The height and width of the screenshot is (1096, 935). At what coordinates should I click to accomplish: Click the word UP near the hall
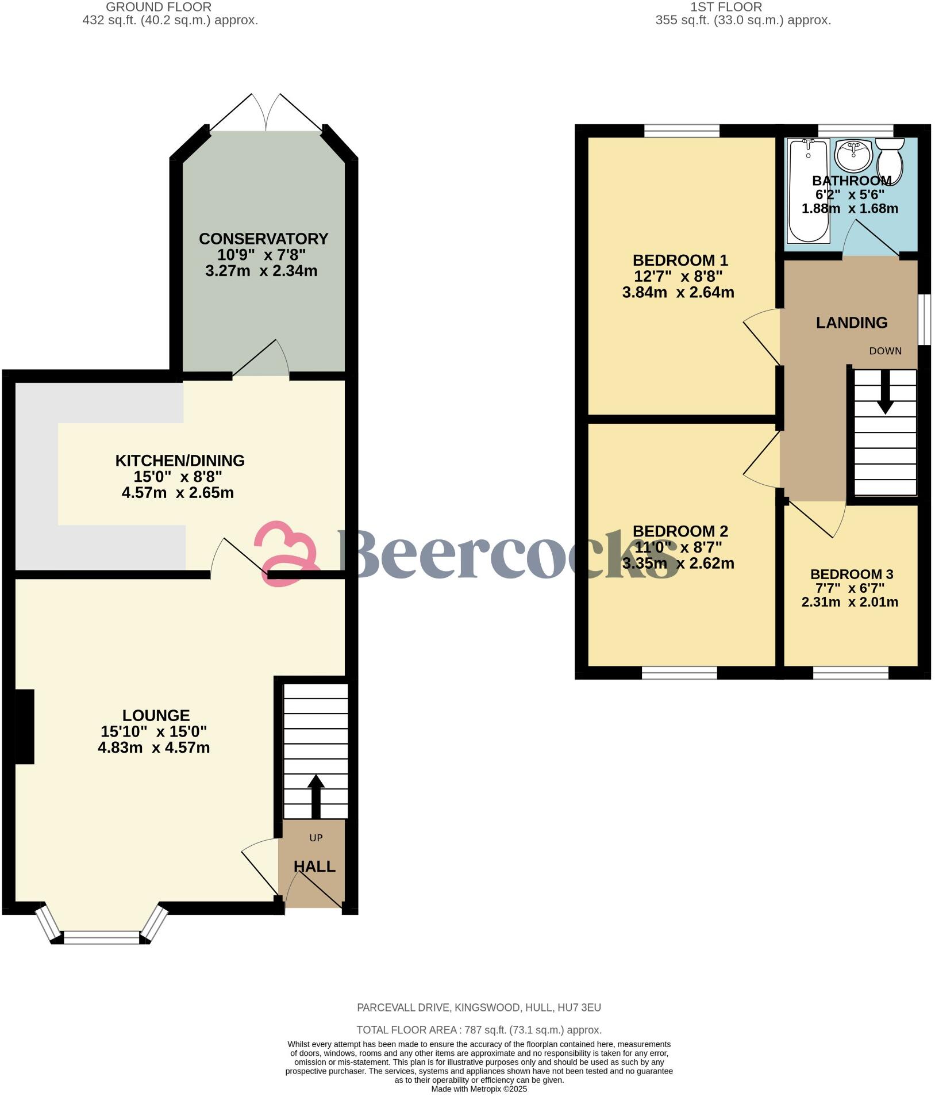pyautogui.click(x=316, y=838)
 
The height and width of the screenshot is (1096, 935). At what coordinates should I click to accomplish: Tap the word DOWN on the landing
pyautogui.click(x=885, y=351)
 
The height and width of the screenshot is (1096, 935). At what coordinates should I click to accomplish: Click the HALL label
pyautogui.click(x=314, y=867)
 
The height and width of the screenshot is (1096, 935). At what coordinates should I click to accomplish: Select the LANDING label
pyautogui.click(x=852, y=323)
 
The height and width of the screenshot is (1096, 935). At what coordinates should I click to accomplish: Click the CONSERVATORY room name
pyautogui.click(x=264, y=239)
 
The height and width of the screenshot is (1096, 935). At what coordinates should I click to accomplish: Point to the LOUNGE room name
pyautogui.click(x=156, y=715)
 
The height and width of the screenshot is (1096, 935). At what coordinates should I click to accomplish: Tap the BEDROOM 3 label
pyautogui.click(x=852, y=574)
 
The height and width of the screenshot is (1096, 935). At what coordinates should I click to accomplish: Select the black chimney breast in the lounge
pyautogui.click(x=24, y=726)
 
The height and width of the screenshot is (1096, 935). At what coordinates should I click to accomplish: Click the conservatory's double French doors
pyautogui.click(x=266, y=112)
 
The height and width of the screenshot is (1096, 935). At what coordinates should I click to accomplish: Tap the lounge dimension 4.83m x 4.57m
pyautogui.click(x=153, y=748)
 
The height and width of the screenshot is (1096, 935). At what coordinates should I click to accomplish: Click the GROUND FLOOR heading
pyautogui.click(x=159, y=7)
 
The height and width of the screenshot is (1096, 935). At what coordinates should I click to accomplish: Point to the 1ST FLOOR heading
pyautogui.click(x=726, y=7)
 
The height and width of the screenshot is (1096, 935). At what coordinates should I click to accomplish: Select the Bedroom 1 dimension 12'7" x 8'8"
pyautogui.click(x=678, y=276)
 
